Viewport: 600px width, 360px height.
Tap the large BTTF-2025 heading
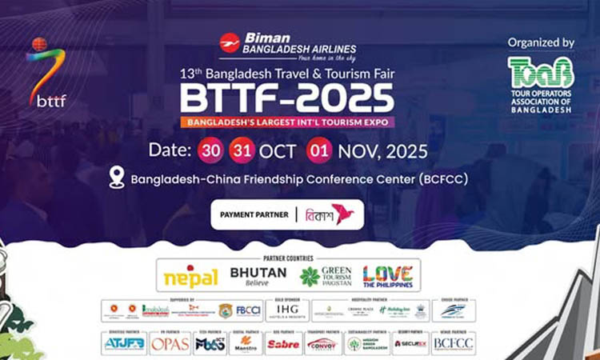[286, 98]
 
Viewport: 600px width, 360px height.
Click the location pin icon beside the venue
[117, 178]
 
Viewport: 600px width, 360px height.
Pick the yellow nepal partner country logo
[190, 277]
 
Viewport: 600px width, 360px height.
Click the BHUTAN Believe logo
[258, 276]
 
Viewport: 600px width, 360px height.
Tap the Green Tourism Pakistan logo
[324, 277]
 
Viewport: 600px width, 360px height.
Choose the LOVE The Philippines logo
[388, 277]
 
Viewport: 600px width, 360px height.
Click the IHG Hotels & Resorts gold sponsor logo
[286, 311]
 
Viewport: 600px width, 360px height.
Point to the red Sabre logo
[284, 345]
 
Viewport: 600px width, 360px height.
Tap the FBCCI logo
[249, 311]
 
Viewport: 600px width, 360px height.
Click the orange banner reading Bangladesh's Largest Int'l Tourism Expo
[286, 122]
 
